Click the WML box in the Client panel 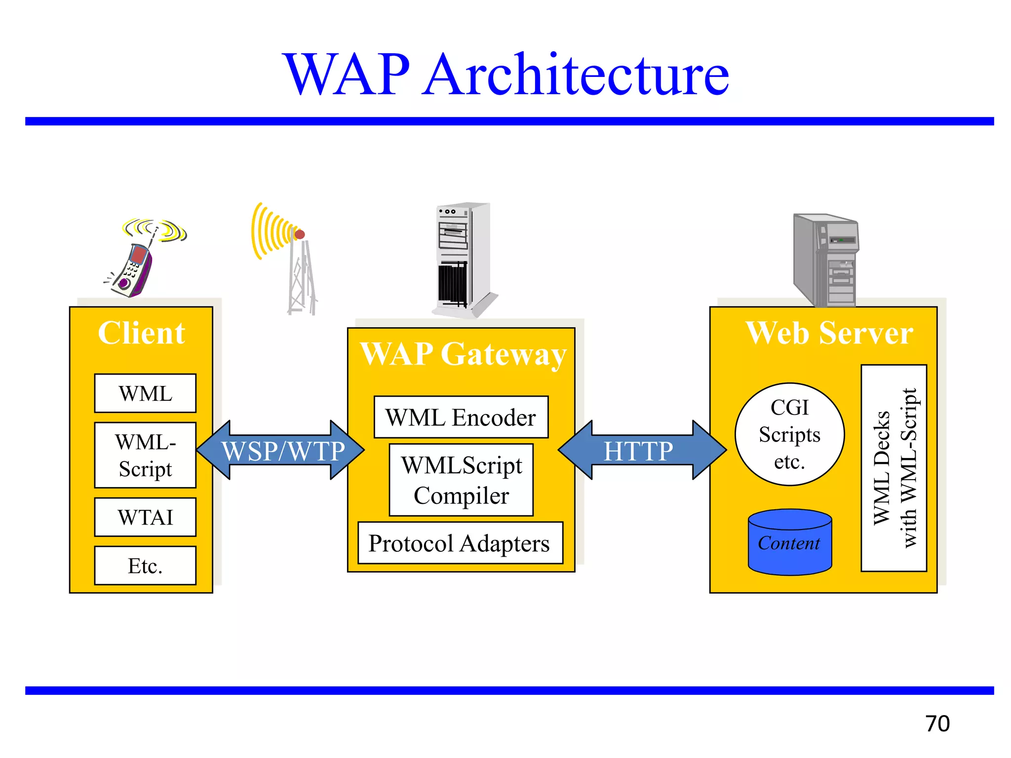(x=145, y=393)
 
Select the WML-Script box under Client (x=145, y=455)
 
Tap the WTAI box (x=145, y=517)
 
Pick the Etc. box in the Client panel (x=145, y=566)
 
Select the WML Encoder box (x=461, y=417)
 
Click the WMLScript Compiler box (x=461, y=480)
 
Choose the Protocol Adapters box (x=460, y=543)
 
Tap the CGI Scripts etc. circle (x=789, y=434)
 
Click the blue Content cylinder (x=789, y=543)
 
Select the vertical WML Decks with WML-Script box (x=894, y=468)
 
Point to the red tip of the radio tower (x=300, y=234)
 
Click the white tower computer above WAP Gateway (x=462, y=259)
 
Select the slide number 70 (x=937, y=723)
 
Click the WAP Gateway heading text (x=463, y=354)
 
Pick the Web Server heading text (x=829, y=333)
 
